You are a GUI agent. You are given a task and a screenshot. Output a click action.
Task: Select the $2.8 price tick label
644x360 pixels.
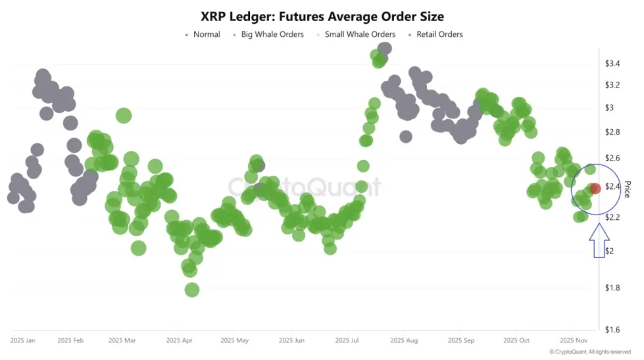click(613, 132)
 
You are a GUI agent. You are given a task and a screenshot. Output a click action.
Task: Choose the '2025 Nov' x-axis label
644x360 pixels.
click(574, 341)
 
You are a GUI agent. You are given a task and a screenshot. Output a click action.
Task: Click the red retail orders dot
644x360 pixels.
click(595, 189)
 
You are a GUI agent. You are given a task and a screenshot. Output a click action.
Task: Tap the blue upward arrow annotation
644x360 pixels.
click(599, 241)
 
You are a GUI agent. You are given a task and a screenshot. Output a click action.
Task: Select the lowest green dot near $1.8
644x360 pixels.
click(192, 290)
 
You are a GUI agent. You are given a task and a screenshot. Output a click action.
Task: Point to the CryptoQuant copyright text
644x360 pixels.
click(590, 352)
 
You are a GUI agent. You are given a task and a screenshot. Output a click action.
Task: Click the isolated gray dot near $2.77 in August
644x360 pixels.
click(406, 136)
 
